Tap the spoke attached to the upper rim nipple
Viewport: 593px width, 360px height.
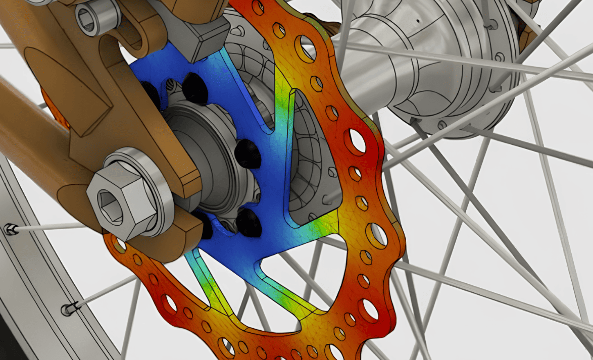[x=51, y=227]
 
